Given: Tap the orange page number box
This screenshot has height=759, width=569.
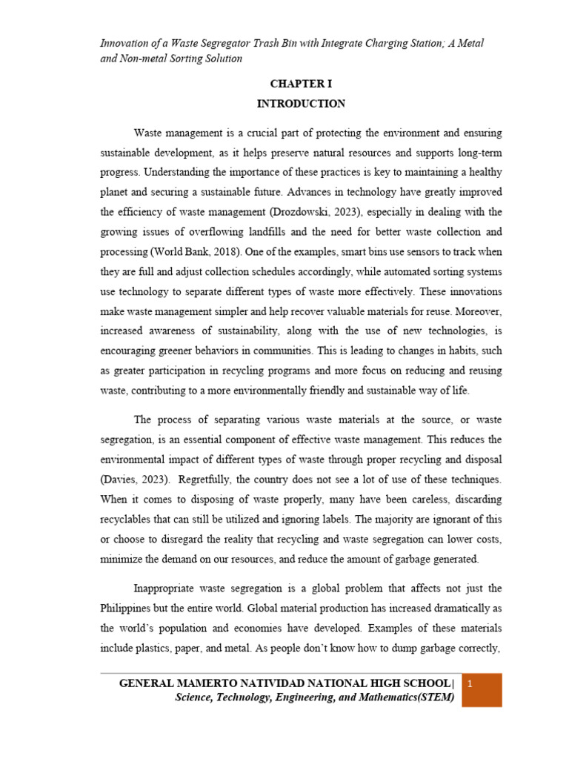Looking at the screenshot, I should [x=482, y=690].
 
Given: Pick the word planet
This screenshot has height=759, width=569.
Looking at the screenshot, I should [x=116, y=191].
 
